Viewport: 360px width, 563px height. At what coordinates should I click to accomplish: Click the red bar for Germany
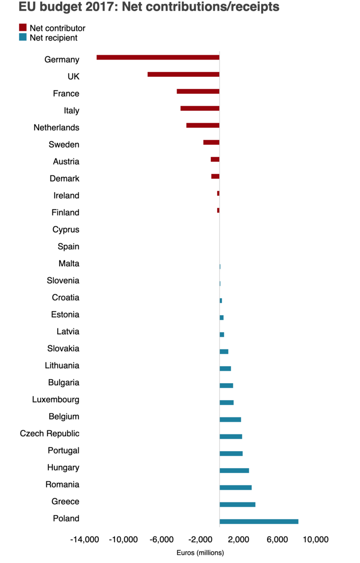tap(157, 57)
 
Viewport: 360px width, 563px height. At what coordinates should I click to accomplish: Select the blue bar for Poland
tap(259, 521)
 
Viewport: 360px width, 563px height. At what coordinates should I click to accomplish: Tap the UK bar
tap(183, 74)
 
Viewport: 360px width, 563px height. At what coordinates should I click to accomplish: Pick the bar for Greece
tap(237, 504)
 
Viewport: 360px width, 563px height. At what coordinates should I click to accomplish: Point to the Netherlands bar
tap(202, 126)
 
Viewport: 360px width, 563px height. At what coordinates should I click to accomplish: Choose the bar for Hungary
tap(234, 470)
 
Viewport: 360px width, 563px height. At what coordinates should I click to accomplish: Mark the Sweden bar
tap(211, 142)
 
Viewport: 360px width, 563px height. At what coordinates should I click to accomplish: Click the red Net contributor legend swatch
tap(22, 27)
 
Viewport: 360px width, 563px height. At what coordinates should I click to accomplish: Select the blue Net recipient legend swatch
tap(22, 37)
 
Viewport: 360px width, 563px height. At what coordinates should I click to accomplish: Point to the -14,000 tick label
tap(84, 540)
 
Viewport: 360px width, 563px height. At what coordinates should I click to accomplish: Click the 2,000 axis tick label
tap(238, 540)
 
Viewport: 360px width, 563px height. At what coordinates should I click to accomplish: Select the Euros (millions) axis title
tap(200, 553)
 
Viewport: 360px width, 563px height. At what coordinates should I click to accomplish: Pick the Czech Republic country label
tap(49, 433)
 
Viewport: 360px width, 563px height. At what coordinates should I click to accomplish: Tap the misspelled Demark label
tap(64, 178)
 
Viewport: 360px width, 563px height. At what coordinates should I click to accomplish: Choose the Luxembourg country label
tap(55, 399)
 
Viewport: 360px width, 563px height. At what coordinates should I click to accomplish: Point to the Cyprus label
tap(66, 229)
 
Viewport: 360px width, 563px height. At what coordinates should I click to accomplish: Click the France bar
tap(198, 91)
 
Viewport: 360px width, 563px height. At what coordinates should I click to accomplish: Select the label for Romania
tap(62, 484)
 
